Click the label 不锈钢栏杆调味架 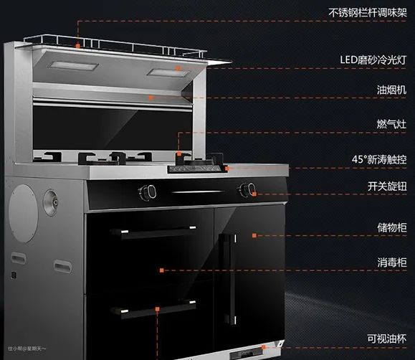pos(368,13)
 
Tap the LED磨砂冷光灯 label pos(373,60)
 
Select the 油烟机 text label pos(392,90)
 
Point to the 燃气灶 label pos(392,124)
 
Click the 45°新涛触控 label pos(379,159)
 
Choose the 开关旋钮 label pos(387,186)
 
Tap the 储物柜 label pos(392,227)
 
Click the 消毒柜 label pos(392,262)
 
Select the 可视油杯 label pos(386,338)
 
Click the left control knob pos(148,192)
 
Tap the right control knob pos(247,189)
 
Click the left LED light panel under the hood pos(73,65)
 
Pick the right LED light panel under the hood pos(168,72)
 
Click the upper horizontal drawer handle pos(153,231)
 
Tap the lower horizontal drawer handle pos(153,308)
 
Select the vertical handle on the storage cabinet pos(228,279)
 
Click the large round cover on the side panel pos(23,214)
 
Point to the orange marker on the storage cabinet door pos(254,235)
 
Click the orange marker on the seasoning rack pos(77,46)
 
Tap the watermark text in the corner pos(27,349)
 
